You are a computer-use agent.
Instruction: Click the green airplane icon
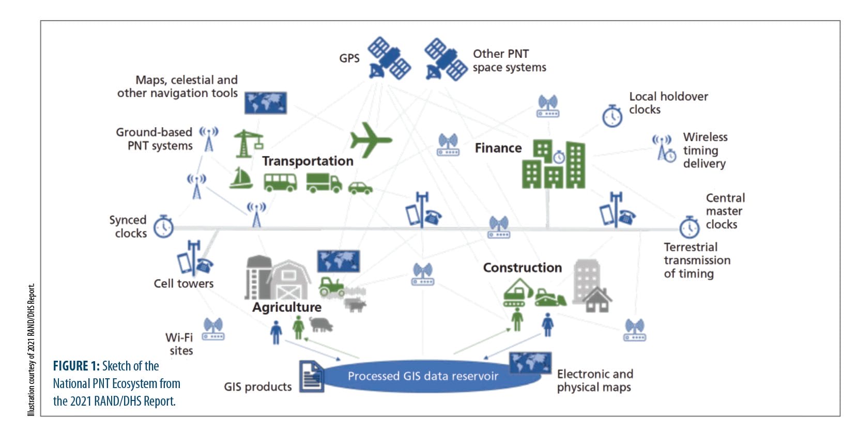[x=370, y=139]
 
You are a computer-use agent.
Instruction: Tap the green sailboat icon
[x=241, y=178]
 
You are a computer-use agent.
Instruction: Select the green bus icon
[x=280, y=182]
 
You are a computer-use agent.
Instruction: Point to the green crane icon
[x=247, y=143]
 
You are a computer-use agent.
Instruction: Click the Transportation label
[x=308, y=161]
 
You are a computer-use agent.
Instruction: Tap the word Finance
[x=498, y=148]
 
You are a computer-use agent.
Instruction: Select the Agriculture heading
[x=287, y=307]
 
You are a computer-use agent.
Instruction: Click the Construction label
[x=522, y=268]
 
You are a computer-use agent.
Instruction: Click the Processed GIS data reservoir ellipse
[x=423, y=376]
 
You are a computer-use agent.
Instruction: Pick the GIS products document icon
[x=312, y=377]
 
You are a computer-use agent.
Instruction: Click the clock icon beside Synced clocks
[x=163, y=227]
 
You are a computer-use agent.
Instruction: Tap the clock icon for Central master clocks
[x=689, y=227]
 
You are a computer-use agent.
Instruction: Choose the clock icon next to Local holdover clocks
[x=612, y=116]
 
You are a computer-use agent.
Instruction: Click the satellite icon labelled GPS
[x=389, y=58]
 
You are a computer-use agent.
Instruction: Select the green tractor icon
[x=331, y=286]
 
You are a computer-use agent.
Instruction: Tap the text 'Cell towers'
[x=183, y=284]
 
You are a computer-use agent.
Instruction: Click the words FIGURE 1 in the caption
[x=76, y=366]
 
